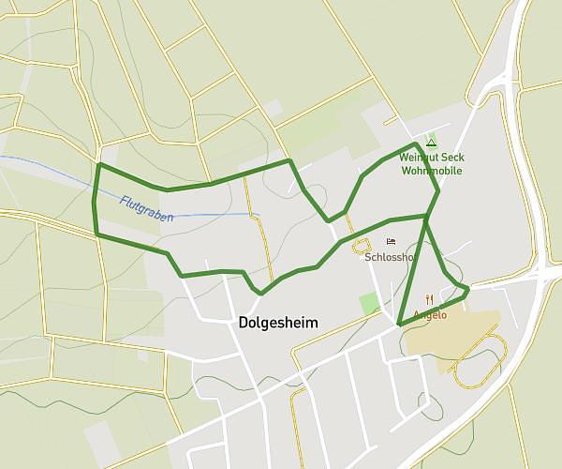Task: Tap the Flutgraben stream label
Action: click(147, 208)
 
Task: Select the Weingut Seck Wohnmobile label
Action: click(432, 164)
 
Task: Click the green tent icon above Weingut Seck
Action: click(431, 143)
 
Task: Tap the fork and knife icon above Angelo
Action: click(428, 300)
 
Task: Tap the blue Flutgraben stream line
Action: click(215, 216)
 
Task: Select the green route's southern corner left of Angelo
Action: click(399, 325)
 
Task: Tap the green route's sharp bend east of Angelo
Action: click(466, 291)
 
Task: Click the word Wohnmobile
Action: click(432, 171)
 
